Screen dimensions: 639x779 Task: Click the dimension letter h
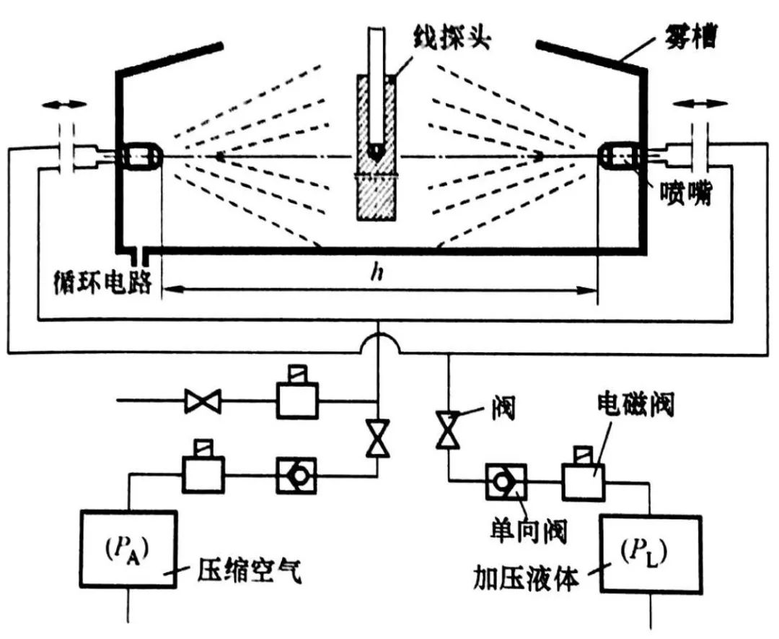click(x=376, y=272)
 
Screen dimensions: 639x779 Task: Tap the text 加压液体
click(x=526, y=578)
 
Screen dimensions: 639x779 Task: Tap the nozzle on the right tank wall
click(x=620, y=155)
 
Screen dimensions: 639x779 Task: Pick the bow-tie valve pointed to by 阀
click(x=448, y=431)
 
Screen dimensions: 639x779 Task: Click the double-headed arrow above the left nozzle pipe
click(x=64, y=105)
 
